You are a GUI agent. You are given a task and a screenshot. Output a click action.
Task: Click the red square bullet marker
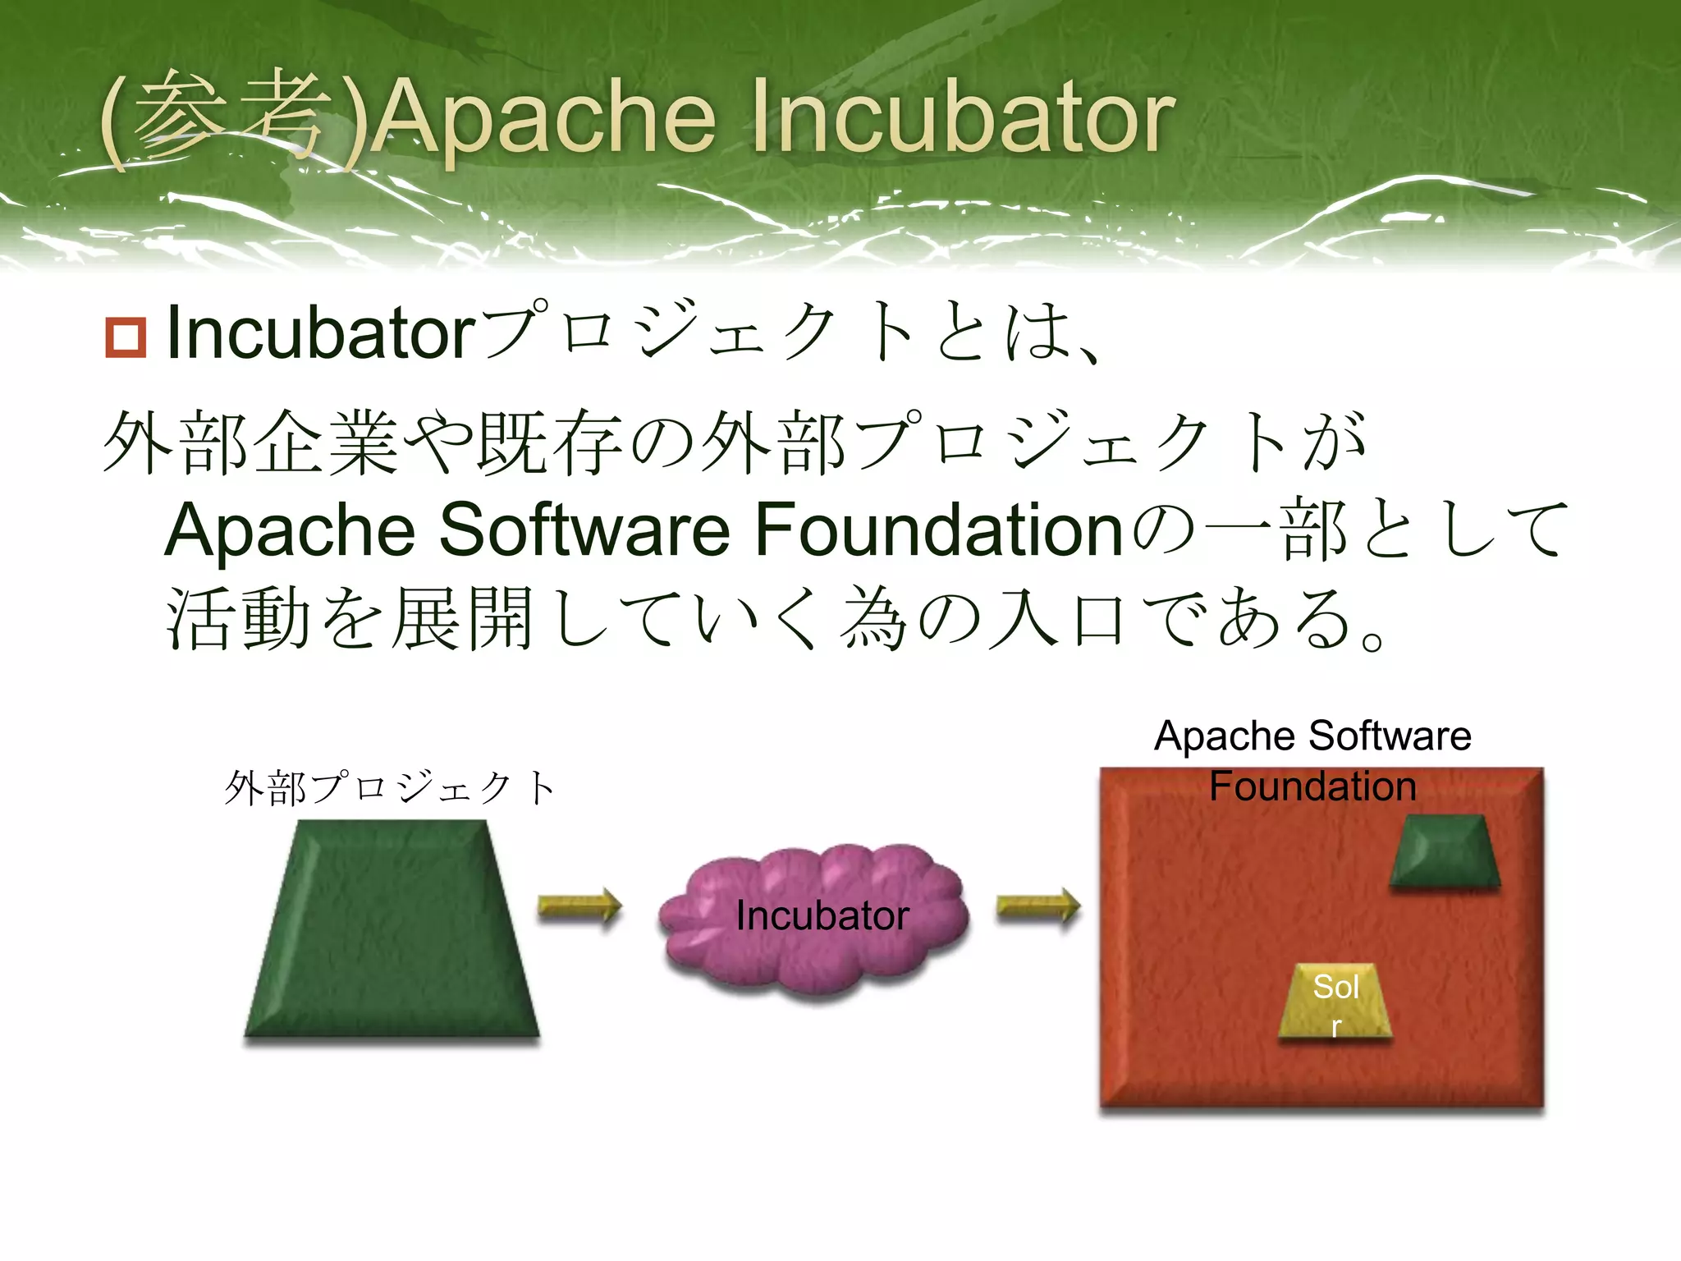click(126, 337)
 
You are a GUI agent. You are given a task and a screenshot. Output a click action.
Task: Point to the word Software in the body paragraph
click(584, 530)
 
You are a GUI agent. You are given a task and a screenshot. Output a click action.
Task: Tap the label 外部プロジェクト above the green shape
click(391, 788)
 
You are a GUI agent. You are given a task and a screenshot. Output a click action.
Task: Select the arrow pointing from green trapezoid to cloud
click(579, 908)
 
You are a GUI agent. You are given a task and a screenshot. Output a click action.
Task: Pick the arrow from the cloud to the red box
click(1038, 908)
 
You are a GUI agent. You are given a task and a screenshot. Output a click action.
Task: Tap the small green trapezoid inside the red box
click(1445, 851)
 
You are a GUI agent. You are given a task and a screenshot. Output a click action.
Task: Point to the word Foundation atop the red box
click(1312, 786)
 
